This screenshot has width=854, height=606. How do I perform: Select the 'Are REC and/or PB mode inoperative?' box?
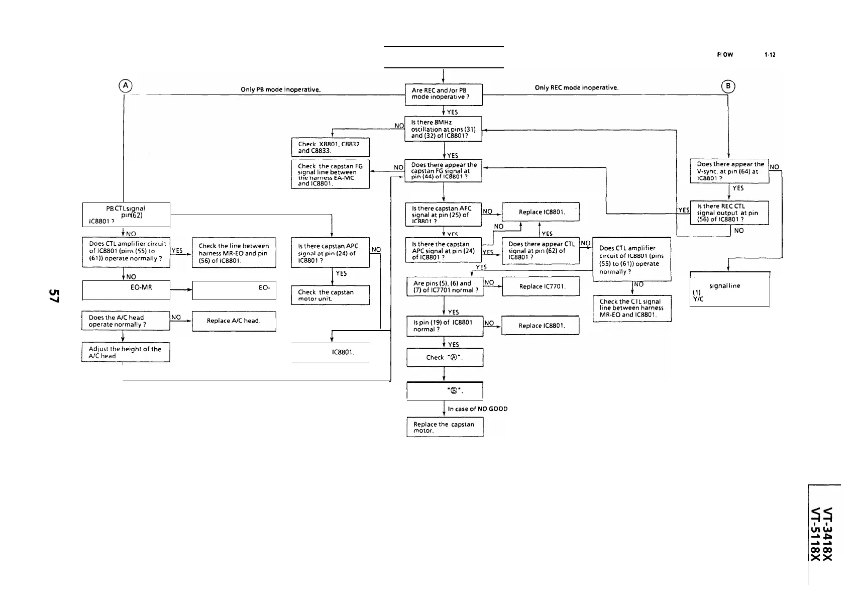444,94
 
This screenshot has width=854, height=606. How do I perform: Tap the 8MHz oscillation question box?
443,129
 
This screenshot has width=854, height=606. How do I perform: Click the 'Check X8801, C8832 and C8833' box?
330,147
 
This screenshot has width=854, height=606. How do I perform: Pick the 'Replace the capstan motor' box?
445,427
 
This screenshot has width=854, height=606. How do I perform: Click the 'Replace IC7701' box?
541,286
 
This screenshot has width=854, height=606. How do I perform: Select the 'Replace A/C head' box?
234,321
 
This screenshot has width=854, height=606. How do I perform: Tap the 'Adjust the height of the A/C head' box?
126,352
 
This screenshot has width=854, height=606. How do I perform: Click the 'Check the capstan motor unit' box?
330,295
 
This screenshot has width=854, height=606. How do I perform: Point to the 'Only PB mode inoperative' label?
281,90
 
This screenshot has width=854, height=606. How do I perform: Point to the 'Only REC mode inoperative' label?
576,87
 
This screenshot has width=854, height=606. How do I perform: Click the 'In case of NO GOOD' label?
477,409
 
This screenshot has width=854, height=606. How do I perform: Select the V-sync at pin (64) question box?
729,171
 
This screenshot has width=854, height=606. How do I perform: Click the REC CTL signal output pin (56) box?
729,213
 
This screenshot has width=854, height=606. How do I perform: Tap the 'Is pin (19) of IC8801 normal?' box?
445,326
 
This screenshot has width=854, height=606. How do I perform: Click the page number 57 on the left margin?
54,296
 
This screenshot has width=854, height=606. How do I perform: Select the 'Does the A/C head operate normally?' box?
126,321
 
